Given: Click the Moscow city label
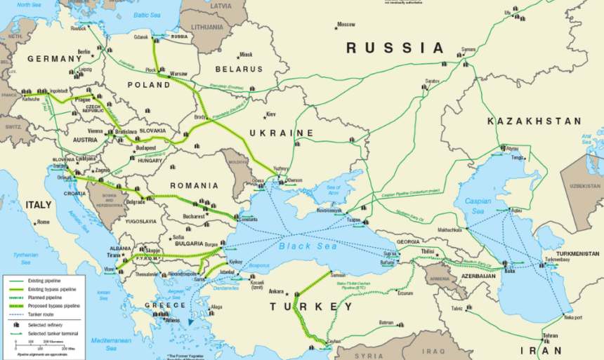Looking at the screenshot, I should pyautogui.click(x=346, y=25).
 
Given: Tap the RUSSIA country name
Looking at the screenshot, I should pyautogui.click(x=395, y=48).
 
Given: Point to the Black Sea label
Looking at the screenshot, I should pyautogui.click(x=308, y=246).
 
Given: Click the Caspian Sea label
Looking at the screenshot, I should pyautogui.click(x=478, y=206).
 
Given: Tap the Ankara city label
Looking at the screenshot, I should pyautogui.click(x=275, y=291).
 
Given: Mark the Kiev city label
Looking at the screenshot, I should pyautogui.click(x=271, y=114).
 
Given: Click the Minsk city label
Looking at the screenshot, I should pyautogui.click(x=246, y=54).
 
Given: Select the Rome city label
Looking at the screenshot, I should pyautogui.click(x=44, y=222).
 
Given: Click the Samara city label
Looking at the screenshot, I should pyautogui.click(x=468, y=50).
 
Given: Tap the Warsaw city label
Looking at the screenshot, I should pyautogui.click(x=178, y=73).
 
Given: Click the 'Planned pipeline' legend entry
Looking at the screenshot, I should pyautogui.click(x=45, y=298).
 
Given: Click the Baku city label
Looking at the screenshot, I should pyautogui.click(x=509, y=272).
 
